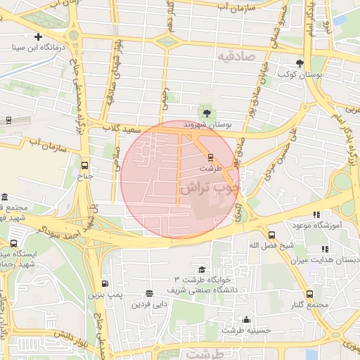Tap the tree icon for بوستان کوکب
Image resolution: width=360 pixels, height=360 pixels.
[x=300, y=63]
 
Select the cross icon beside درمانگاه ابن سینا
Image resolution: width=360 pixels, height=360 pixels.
[x=38, y=37]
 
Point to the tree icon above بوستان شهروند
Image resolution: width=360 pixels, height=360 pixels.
[x=207, y=112]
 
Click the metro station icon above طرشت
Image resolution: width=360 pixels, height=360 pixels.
[x=210, y=157]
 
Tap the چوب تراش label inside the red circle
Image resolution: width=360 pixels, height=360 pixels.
[x=209, y=188]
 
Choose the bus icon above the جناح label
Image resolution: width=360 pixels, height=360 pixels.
[x=85, y=165]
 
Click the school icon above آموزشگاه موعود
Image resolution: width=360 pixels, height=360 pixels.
[x=316, y=214]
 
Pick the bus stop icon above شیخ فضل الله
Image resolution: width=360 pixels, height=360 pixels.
[x=271, y=235]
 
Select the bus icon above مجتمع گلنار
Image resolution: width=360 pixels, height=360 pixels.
[x=309, y=294]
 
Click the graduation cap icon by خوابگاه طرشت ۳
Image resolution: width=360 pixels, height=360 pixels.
[x=202, y=269]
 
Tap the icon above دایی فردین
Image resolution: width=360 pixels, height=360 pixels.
[x=148, y=294]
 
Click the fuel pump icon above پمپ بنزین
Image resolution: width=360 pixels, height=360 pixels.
[x=104, y=283]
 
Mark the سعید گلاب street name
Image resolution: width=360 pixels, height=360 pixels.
[x=123, y=129]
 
